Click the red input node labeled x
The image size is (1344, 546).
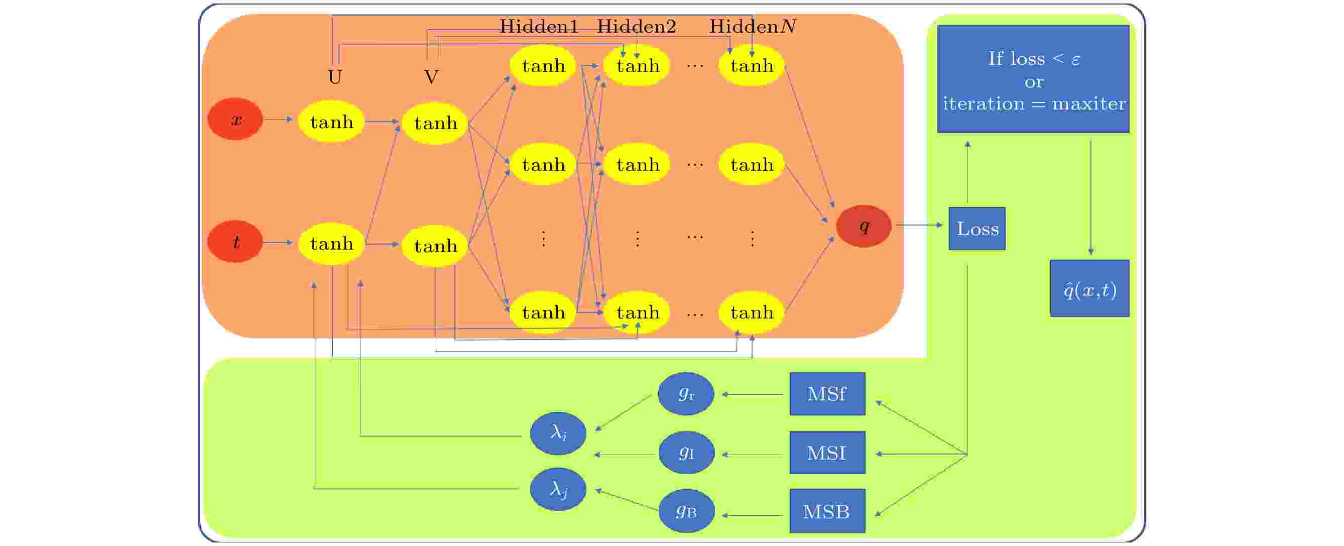click(x=235, y=119)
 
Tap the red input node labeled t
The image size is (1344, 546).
click(x=235, y=242)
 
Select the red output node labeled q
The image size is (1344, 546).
click(x=864, y=226)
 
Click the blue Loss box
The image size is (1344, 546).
click(x=976, y=229)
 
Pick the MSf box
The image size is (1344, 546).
click(x=827, y=394)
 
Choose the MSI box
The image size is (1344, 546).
click(x=827, y=453)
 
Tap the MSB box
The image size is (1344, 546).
click(x=827, y=511)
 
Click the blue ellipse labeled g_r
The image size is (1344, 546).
click(x=686, y=394)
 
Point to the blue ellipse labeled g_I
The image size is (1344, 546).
click(x=687, y=453)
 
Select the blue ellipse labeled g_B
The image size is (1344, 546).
click(x=687, y=511)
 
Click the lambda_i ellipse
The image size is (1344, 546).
click(x=558, y=433)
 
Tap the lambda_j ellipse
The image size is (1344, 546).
click(x=558, y=490)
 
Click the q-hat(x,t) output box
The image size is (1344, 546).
click(x=1090, y=288)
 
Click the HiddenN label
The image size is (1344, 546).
click(x=753, y=26)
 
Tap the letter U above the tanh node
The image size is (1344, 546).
click(x=335, y=77)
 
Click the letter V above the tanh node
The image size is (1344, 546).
click(x=431, y=77)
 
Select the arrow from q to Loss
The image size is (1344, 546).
click(x=919, y=225)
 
